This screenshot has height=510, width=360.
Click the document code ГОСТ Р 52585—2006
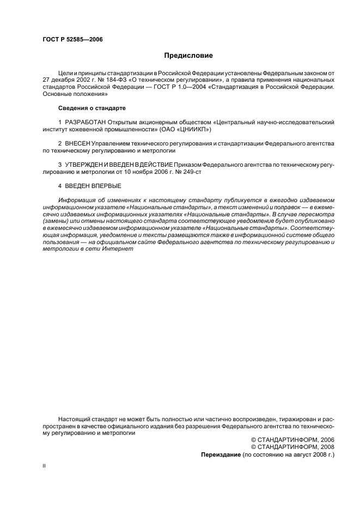click(x=72, y=40)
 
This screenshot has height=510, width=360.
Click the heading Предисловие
click(x=189, y=56)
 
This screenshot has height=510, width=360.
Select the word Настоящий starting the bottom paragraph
click(x=75, y=419)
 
